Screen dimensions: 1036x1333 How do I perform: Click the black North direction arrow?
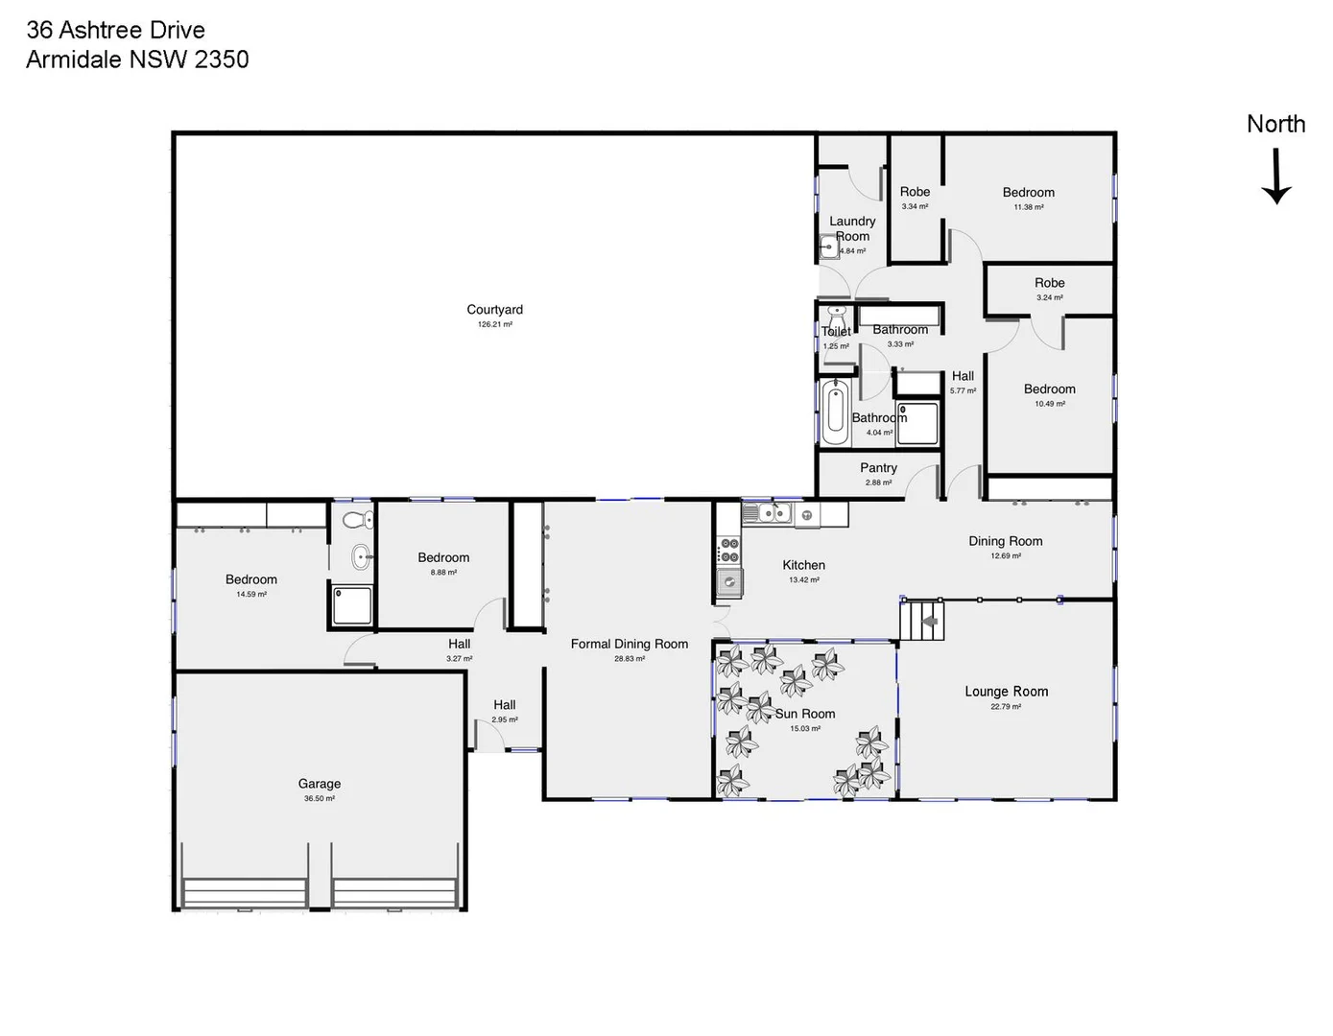point(1275,177)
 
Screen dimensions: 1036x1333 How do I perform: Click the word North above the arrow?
point(1275,124)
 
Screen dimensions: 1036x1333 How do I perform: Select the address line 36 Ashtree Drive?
point(115,30)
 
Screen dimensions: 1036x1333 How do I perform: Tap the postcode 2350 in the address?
point(222,59)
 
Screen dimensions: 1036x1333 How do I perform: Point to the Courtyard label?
point(494,310)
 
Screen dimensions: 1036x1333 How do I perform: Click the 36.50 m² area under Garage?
point(320,798)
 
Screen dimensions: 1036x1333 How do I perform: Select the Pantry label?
point(878,468)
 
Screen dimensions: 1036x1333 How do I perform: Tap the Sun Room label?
point(805,714)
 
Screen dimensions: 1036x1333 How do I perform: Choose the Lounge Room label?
point(1006,692)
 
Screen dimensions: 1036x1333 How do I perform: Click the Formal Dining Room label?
point(629,644)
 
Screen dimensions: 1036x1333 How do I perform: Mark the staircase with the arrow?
point(923,621)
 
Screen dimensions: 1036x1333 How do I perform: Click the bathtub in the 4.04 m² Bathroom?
point(835,412)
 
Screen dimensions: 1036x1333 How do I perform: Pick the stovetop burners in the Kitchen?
point(729,551)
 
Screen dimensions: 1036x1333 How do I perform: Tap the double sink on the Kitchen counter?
point(774,513)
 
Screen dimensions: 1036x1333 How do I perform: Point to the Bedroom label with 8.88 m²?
point(443,557)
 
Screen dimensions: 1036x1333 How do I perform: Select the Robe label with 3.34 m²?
point(915,192)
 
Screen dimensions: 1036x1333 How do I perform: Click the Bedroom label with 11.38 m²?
point(1028,193)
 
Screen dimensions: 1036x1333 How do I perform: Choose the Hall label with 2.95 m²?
point(504,705)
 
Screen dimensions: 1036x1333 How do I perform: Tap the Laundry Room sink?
point(828,247)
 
